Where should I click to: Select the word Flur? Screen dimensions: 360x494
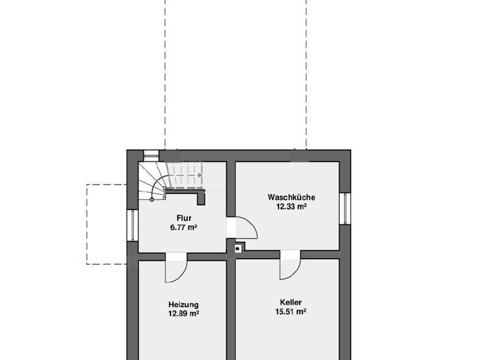coord(183,218)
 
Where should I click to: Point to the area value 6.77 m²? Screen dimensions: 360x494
coord(183,227)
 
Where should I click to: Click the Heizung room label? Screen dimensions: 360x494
coord(183,305)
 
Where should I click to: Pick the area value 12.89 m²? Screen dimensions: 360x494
coord(183,314)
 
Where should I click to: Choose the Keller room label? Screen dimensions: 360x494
coord(291,302)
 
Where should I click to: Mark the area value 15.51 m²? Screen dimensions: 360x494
coord(291,312)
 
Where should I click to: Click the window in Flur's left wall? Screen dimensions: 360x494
coord(133,225)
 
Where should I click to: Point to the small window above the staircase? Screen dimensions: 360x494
coord(151,155)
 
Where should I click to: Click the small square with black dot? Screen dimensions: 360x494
coord(238,248)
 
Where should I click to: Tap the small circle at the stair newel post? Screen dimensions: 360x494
coord(152,199)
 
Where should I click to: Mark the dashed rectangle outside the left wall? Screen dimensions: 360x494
coord(107,224)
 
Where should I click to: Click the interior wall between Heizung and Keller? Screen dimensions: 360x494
coord(230,309)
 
